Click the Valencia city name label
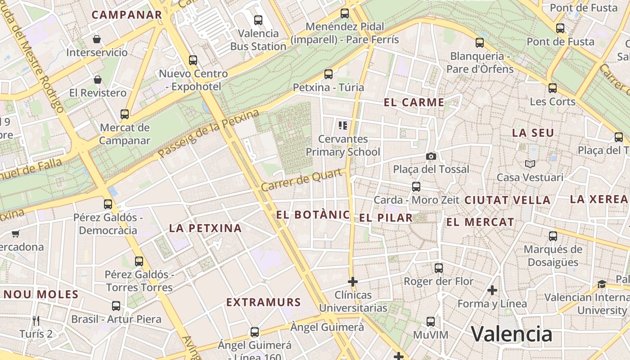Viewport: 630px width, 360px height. click(511, 334)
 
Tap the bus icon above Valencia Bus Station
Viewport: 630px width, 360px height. click(258, 20)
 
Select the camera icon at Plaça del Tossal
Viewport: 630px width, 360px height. click(431, 156)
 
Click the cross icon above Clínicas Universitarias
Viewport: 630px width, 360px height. click(353, 282)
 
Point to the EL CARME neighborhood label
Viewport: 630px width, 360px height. click(414, 103)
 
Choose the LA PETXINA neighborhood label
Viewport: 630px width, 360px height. click(205, 228)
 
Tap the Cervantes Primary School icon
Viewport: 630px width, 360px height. click(343, 126)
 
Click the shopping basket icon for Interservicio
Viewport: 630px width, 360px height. click(96, 39)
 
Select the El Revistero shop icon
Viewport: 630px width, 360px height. click(97, 80)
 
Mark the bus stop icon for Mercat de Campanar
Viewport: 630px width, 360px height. click(125, 114)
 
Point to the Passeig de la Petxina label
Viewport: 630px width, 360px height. click(209, 133)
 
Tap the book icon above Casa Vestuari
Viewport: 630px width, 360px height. click(530, 164)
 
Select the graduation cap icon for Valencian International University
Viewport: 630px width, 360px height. click(602, 284)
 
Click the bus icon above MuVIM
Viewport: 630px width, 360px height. click(431, 322)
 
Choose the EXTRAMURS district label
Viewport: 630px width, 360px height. click(263, 302)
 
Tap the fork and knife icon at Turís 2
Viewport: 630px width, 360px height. click(36, 320)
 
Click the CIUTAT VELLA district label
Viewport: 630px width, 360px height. click(507, 200)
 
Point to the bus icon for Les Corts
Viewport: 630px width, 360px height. click(552, 88)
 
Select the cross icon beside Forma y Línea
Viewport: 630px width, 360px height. click(492, 290)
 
